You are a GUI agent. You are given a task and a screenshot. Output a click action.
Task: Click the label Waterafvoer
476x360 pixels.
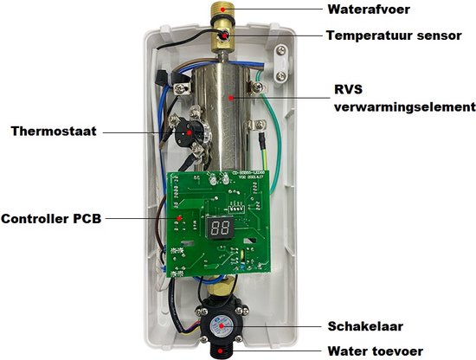pyautogui.click(x=369, y=10)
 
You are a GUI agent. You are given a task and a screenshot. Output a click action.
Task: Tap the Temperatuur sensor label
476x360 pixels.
pyautogui.click(x=394, y=35)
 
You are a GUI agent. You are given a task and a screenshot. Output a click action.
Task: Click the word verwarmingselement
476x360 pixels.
pyautogui.click(x=405, y=107)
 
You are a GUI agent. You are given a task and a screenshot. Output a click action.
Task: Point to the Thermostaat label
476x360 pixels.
pyautogui.click(x=54, y=132)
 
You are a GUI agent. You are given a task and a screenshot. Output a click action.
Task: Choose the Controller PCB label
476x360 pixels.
pyautogui.click(x=51, y=219)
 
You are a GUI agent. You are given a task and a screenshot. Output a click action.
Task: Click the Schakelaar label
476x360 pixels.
pyautogui.click(x=365, y=326)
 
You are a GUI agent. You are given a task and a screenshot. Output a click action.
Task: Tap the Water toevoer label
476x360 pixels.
pyautogui.click(x=376, y=351)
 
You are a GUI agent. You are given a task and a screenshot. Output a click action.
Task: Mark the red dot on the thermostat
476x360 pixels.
pyautogui.click(x=189, y=132)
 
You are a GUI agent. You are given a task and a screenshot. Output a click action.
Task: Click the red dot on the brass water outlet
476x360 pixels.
pyautogui.click(x=222, y=10)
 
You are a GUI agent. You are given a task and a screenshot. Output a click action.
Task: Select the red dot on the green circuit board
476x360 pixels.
pyautogui.click(x=179, y=218)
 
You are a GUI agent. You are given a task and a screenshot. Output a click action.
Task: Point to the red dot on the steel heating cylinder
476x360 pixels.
pyautogui.click(x=231, y=98)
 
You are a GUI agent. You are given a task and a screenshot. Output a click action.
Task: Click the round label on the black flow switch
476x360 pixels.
pyautogui.click(x=222, y=326)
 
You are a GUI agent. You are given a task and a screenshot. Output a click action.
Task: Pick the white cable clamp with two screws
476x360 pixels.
pyautogui.click(x=282, y=63)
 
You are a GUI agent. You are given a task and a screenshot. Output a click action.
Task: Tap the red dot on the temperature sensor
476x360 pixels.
pyautogui.click(x=224, y=35)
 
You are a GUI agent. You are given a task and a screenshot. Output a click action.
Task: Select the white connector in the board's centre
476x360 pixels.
pyautogui.click(x=235, y=209)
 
